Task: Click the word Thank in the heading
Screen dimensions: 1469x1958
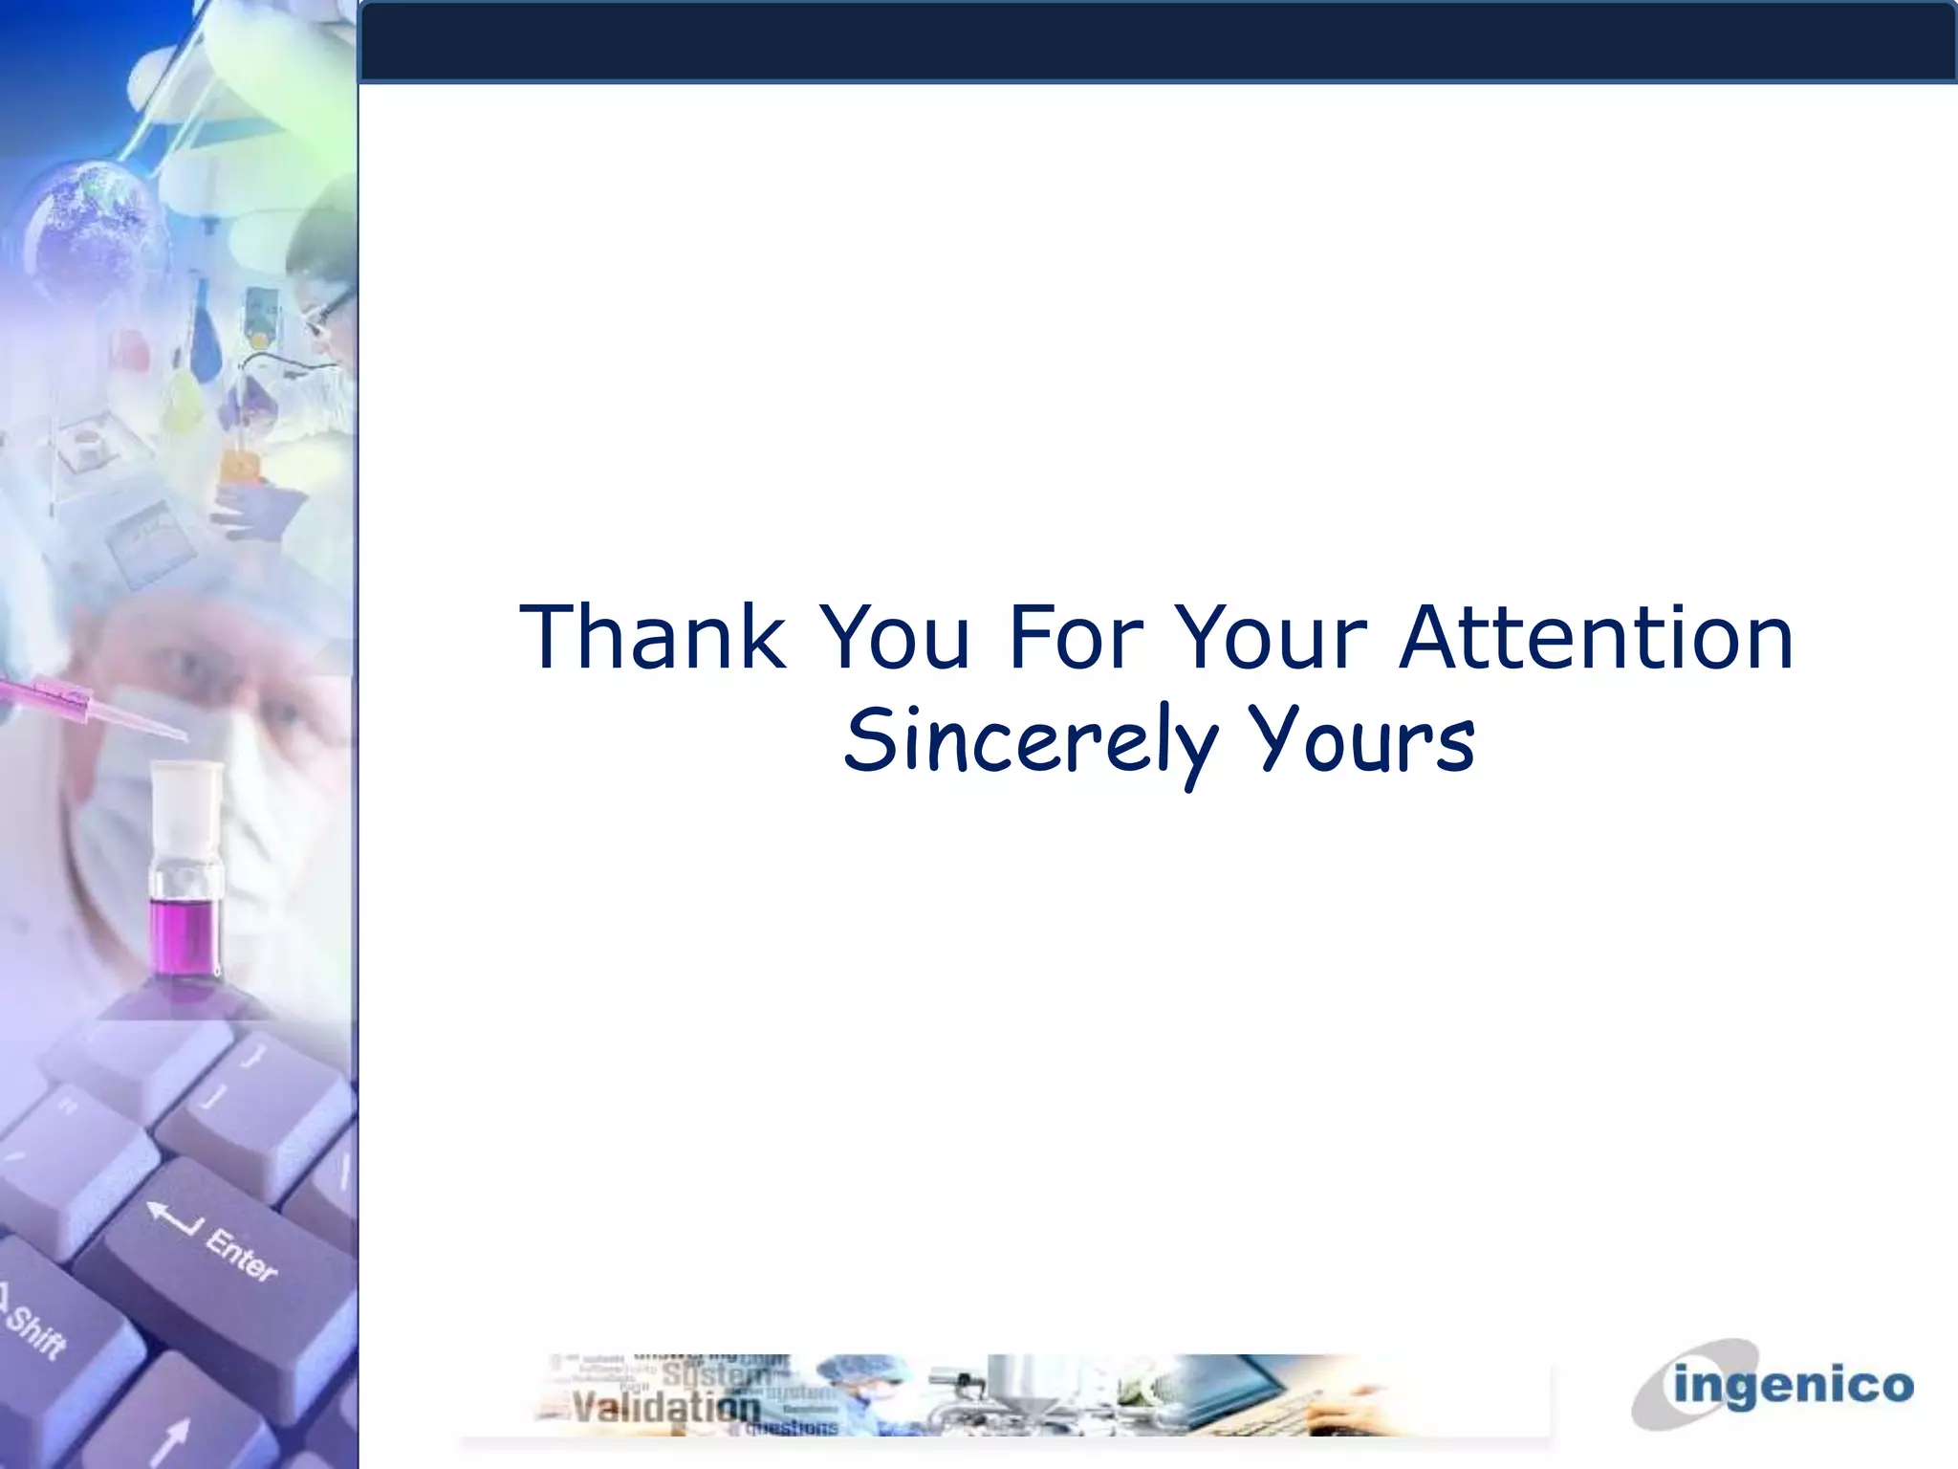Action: [x=653, y=638]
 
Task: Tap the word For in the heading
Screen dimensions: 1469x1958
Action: [x=1076, y=638]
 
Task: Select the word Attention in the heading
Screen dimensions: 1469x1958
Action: [x=1596, y=638]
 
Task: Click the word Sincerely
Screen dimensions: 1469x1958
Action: [x=1031, y=742]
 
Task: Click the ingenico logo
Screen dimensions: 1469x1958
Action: [x=1773, y=1385]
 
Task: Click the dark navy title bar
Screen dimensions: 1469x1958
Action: [x=1157, y=42]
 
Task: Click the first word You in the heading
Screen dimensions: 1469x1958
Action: [x=896, y=638]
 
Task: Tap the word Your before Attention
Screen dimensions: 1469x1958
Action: [x=1271, y=638]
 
